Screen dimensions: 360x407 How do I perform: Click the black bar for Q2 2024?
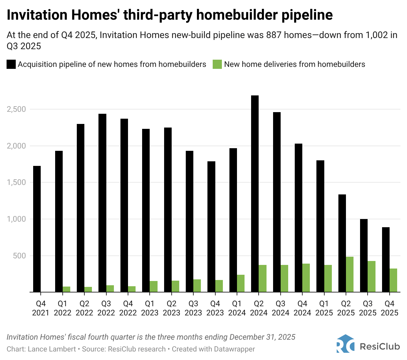255,193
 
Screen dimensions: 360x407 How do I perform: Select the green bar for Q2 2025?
350,274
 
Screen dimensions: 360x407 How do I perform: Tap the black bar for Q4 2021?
37,229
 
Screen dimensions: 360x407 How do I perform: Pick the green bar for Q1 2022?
66,289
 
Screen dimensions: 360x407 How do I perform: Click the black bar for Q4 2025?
386,259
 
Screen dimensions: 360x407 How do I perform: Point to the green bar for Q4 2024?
306,278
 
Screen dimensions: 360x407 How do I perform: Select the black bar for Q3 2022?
102,203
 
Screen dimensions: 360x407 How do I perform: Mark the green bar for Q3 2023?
197,286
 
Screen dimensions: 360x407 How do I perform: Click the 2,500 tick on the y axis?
16,109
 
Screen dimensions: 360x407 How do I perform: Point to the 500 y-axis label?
19,255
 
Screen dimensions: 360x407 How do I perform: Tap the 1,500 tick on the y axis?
16,182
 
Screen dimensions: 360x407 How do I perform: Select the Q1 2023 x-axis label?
150,308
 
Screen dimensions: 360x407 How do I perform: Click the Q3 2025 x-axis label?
368,308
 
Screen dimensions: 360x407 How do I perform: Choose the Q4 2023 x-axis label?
215,308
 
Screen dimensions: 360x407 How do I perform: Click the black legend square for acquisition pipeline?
11,64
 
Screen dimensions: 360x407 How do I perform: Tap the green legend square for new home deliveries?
217,64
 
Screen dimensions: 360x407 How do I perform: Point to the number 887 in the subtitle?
274,35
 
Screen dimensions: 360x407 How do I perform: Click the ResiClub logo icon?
345,344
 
